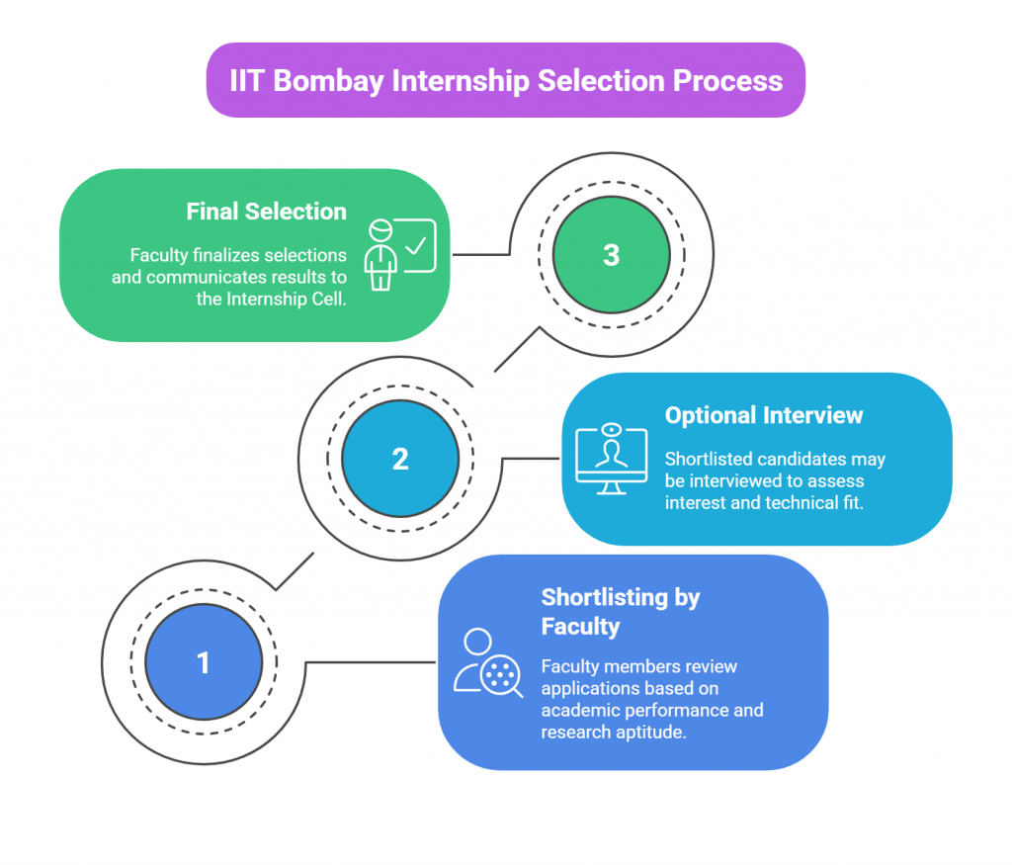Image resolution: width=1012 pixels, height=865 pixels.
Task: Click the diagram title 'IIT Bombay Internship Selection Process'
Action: click(506, 80)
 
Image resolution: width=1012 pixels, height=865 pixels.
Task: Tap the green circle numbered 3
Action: click(611, 255)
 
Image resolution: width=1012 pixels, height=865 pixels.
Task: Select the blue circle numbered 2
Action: click(400, 459)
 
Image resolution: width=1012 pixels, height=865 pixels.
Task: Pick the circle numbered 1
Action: click(204, 662)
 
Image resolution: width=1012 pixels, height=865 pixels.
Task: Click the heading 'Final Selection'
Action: click(267, 212)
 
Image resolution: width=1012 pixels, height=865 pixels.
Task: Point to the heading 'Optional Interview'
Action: click(764, 415)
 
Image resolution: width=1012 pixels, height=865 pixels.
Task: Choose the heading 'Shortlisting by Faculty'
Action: click(621, 611)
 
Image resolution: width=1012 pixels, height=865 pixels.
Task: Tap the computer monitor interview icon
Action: click(612, 460)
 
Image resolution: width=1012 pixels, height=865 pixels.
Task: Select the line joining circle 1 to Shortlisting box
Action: click(371, 662)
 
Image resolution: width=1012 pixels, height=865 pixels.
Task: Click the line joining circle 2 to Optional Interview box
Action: click(532, 459)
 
